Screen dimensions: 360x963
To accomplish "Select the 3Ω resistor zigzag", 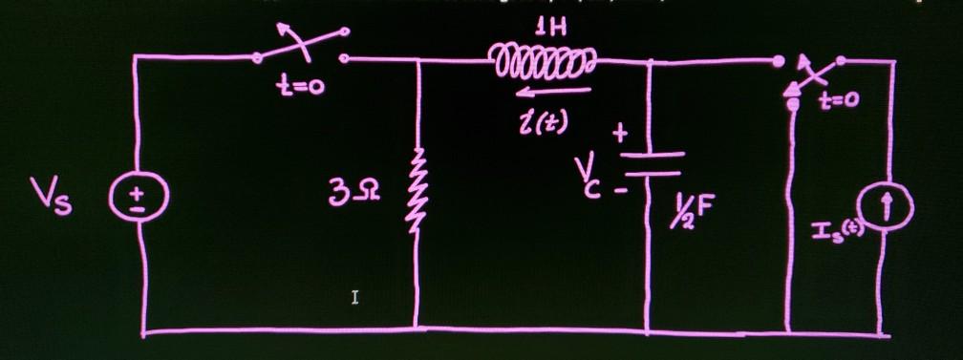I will (417, 195).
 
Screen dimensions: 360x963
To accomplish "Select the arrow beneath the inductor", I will (548, 92).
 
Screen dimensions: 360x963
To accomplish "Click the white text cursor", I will (354, 299).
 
